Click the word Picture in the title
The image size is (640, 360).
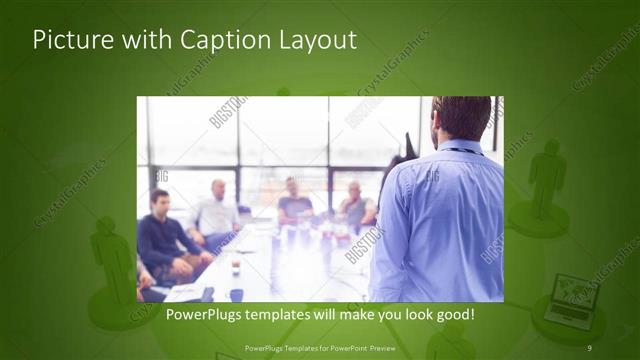(x=68, y=41)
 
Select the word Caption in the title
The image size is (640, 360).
(x=217, y=41)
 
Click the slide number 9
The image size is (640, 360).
(x=590, y=348)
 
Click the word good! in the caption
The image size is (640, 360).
(x=451, y=315)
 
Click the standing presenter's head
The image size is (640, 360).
(x=462, y=118)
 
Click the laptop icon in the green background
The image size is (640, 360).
(x=573, y=297)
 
